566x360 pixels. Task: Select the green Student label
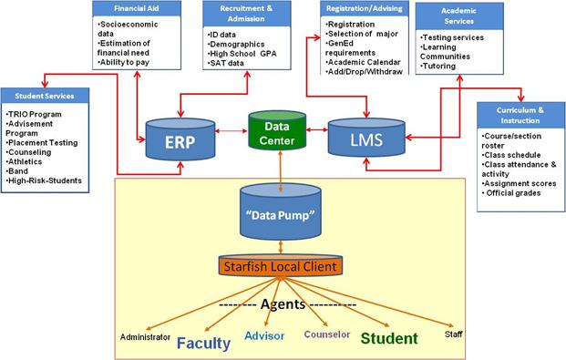click(x=389, y=339)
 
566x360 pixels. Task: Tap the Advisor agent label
click(x=264, y=335)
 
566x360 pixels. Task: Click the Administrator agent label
click(x=145, y=336)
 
